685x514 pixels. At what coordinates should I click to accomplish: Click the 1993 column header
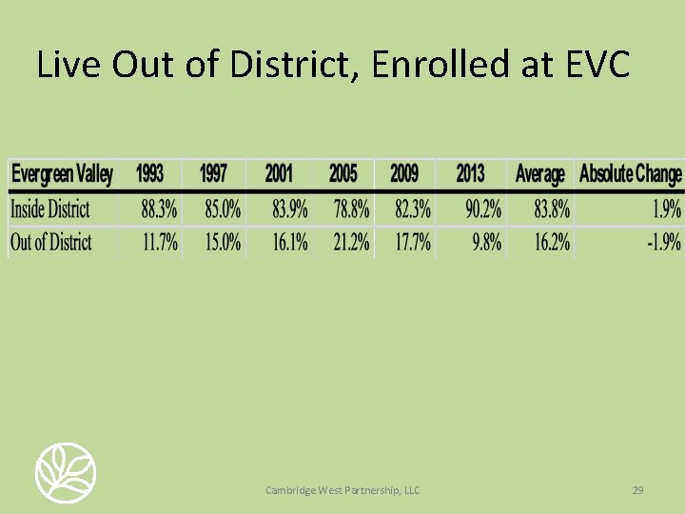coord(149,174)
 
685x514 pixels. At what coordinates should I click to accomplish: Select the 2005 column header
coord(343,174)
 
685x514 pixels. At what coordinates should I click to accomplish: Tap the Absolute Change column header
coord(630,174)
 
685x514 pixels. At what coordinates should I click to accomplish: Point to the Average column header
coord(539,174)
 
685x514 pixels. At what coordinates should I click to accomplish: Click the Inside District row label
coord(49,209)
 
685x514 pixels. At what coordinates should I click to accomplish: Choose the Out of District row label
coord(50,242)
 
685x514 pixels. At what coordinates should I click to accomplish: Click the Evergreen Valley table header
coord(61,174)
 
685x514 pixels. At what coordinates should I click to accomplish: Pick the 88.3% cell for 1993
coord(159,209)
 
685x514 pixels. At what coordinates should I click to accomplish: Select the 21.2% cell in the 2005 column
coord(351,242)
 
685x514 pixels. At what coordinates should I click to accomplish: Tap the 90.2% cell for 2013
coord(483,209)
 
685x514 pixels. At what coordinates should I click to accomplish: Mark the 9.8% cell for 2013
coord(487,242)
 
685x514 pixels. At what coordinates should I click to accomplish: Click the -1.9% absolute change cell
coord(663,242)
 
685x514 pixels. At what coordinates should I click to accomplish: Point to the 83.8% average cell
coord(552,209)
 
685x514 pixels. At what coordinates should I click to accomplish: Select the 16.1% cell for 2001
coord(289,242)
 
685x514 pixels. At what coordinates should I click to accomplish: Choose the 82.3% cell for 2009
coord(412,209)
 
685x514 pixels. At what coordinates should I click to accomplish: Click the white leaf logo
coord(66,472)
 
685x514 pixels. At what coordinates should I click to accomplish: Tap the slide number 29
coord(638,490)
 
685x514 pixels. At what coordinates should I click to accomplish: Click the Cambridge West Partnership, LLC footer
coord(342,490)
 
